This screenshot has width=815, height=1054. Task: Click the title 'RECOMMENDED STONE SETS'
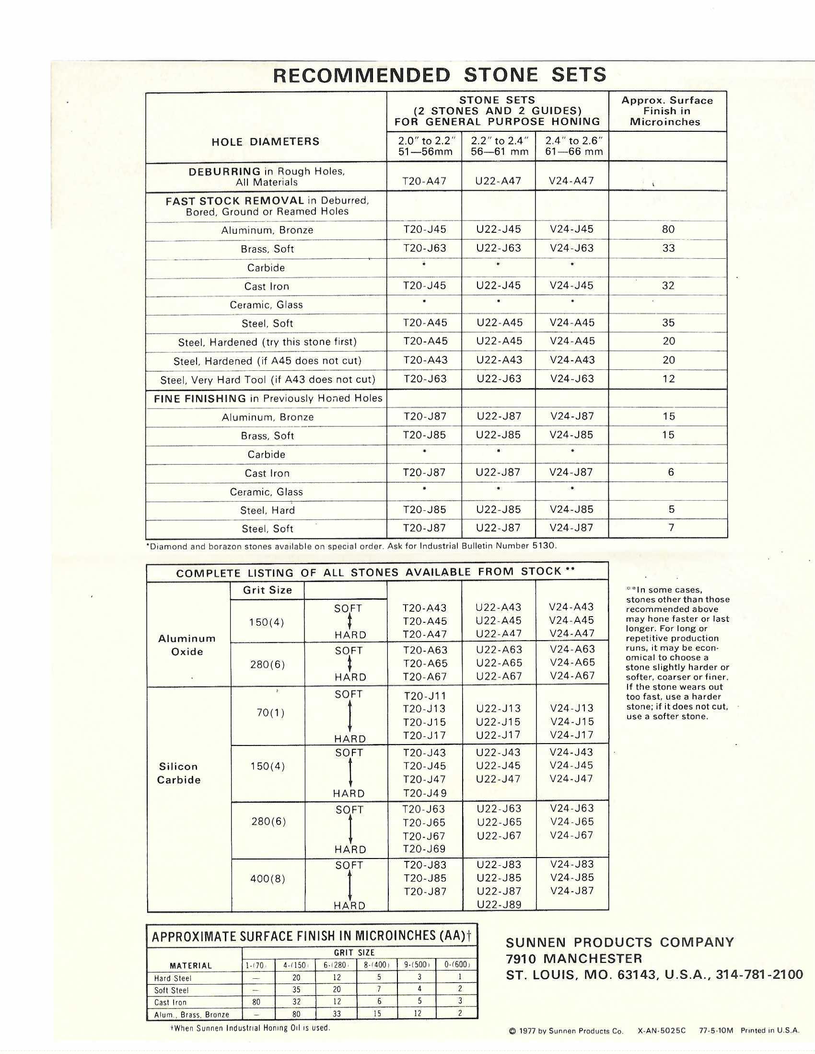click(439, 75)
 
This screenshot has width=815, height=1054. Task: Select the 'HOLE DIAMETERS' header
click(266, 141)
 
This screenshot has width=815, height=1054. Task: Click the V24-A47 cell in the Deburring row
click(571, 181)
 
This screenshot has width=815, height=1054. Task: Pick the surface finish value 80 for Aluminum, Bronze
click(668, 229)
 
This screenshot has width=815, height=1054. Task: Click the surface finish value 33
click(668, 248)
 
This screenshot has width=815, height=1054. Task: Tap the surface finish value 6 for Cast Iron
click(671, 472)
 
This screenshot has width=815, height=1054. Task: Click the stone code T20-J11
click(424, 696)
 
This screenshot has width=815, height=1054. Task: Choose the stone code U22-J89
click(499, 905)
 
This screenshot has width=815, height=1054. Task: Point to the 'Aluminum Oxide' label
click(187, 645)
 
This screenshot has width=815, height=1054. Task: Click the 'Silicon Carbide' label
click(179, 773)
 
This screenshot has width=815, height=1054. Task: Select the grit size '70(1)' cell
click(270, 712)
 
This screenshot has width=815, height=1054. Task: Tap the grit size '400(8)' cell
click(268, 878)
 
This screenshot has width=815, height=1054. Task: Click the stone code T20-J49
click(425, 792)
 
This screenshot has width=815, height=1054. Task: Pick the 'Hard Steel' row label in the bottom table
click(173, 978)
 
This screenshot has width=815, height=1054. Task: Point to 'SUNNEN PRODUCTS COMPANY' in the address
click(620, 941)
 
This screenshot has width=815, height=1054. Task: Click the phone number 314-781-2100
click(760, 974)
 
